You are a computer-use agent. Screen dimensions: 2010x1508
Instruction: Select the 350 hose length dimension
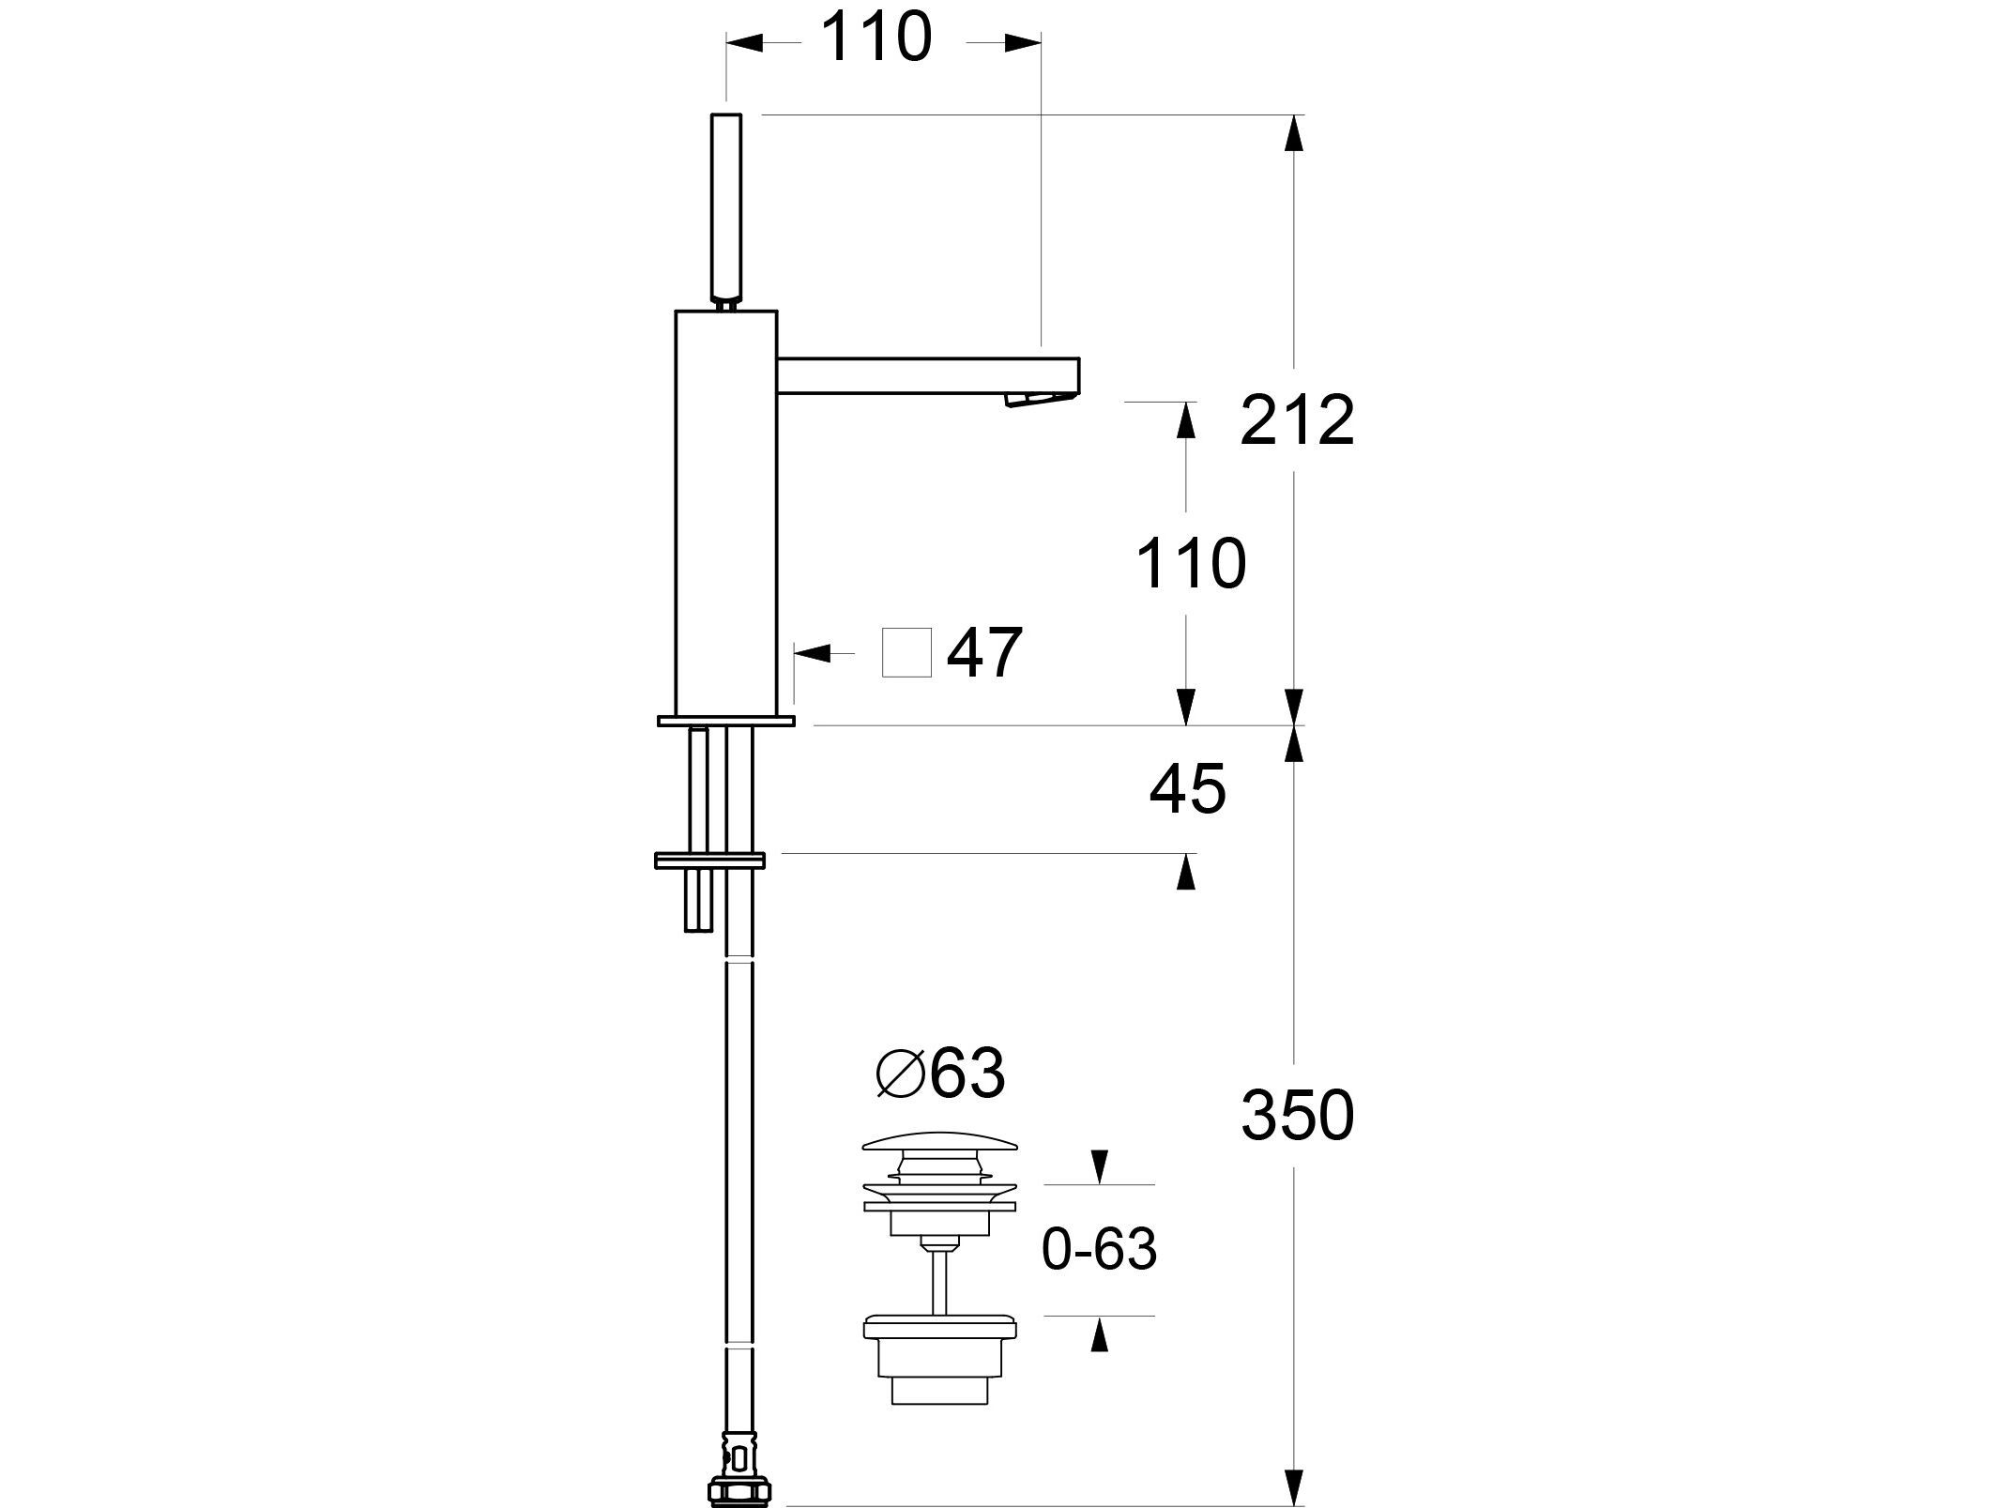[1297, 1116]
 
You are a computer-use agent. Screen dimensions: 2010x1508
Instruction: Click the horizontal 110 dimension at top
[876, 38]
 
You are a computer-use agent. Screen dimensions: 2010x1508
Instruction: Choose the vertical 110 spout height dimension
[1191, 563]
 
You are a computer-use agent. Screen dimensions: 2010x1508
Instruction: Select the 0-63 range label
[1099, 1248]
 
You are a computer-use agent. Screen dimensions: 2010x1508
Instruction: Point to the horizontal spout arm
[929, 375]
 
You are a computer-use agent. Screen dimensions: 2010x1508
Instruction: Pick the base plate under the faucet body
[726, 720]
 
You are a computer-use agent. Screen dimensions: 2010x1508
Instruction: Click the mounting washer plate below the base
[710, 860]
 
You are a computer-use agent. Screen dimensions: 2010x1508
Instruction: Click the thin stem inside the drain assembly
[939, 1284]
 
